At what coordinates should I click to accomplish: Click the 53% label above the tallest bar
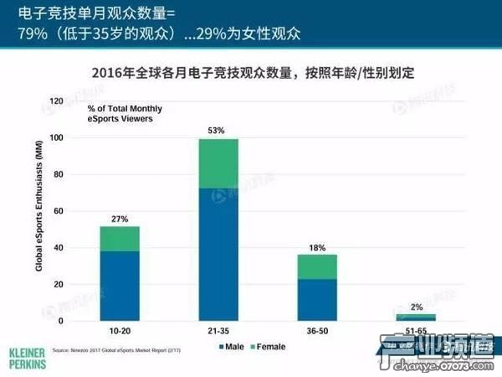(218, 131)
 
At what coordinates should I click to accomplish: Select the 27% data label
(120, 219)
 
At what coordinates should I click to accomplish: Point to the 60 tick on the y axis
(59, 211)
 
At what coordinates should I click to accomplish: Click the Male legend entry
(231, 346)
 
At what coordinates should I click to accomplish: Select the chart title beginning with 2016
(251, 74)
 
